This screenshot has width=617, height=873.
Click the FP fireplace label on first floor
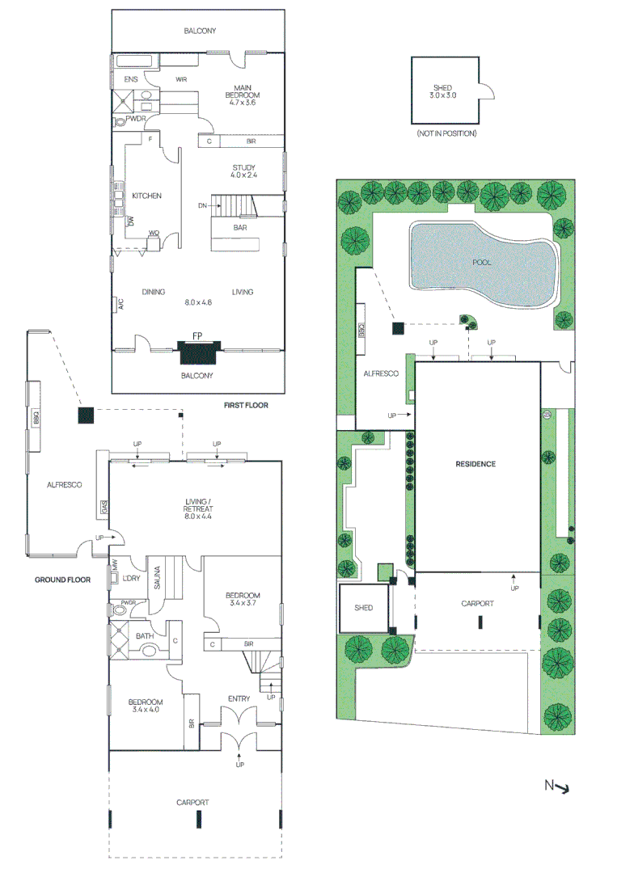pyautogui.click(x=197, y=335)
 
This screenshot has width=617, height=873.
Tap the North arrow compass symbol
pyautogui.click(x=556, y=785)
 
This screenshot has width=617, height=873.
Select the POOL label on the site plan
pyautogui.click(x=483, y=263)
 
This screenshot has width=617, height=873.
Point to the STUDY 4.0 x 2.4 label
pyautogui.click(x=243, y=171)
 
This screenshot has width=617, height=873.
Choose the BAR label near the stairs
pyautogui.click(x=240, y=228)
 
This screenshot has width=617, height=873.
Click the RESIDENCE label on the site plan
pyautogui.click(x=475, y=464)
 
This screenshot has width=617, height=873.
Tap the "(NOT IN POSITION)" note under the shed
pyautogui.click(x=446, y=133)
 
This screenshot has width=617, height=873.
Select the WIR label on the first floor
pyautogui.click(x=182, y=79)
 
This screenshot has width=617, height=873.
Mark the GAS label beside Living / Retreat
pyautogui.click(x=104, y=508)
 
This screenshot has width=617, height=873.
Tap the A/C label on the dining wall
pyautogui.click(x=116, y=304)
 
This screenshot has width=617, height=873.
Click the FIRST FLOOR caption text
pyautogui.click(x=246, y=405)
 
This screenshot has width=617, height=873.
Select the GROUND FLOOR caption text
pyautogui.click(x=61, y=580)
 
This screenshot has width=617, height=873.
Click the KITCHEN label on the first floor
pyautogui.click(x=147, y=196)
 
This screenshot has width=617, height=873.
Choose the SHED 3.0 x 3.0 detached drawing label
pyautogui.click(x=442, y=91)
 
